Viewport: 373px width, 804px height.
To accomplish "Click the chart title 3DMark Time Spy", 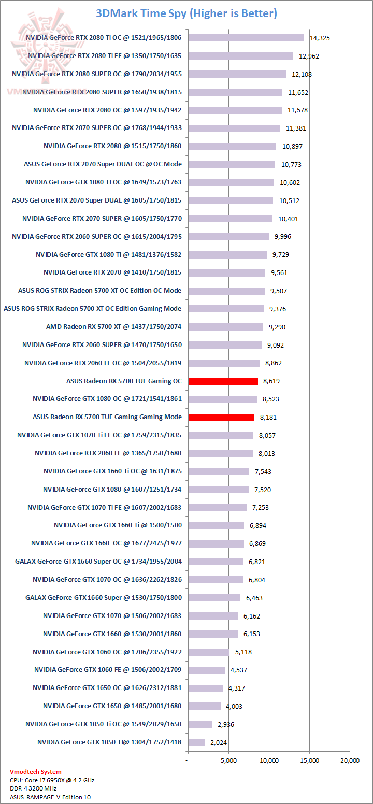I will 187,13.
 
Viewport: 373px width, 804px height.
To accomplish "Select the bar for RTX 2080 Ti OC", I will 246,37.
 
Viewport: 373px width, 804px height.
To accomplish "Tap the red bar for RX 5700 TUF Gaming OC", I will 223,381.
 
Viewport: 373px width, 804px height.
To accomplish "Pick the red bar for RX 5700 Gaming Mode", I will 221,417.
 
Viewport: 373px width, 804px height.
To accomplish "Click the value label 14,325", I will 320,38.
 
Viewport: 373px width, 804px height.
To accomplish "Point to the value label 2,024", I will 219,742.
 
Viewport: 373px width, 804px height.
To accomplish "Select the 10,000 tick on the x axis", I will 269,760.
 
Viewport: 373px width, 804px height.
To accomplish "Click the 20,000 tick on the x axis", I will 350,760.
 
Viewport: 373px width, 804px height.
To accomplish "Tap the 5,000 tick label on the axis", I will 228,760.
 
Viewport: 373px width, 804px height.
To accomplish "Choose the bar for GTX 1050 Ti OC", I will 200,724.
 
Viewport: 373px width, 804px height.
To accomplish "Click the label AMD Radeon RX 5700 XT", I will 114,327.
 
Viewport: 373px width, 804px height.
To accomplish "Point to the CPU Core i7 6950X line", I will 52,780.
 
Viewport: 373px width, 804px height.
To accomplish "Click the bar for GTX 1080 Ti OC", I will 231,182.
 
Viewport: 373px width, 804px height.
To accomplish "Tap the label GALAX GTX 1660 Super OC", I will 98,562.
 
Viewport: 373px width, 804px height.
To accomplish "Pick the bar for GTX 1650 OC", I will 206,688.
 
